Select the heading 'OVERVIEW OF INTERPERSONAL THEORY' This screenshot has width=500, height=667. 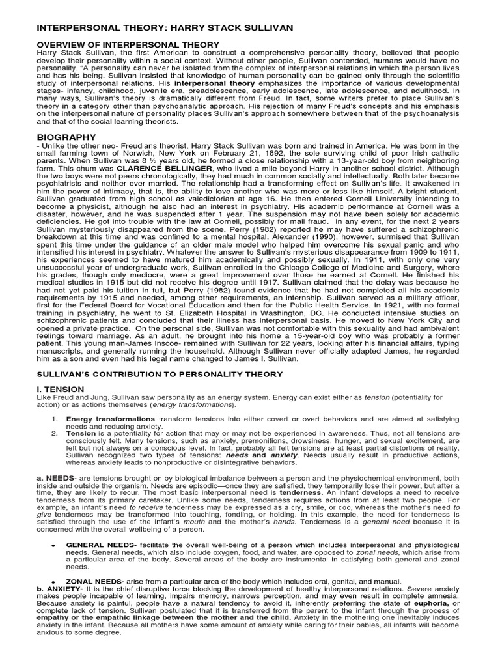[x=127, y=44]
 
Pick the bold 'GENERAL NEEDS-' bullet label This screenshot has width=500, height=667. [x=100, y=545]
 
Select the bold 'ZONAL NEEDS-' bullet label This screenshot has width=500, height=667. [x=93, y=581]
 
